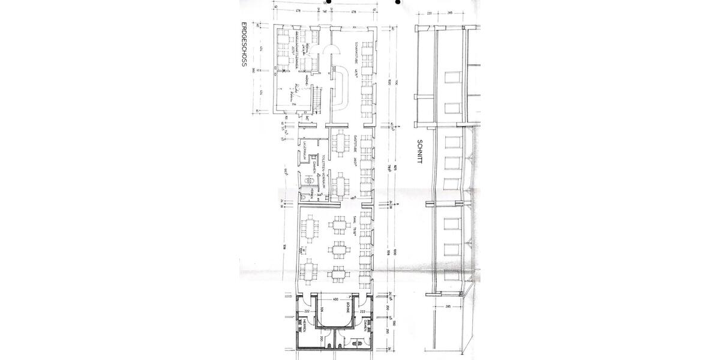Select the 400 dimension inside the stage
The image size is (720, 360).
tap(336, 299)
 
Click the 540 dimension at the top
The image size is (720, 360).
tap(325, 11)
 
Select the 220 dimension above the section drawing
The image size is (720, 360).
tap(430, 12)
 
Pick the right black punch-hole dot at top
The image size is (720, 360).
tap(397, 2)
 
